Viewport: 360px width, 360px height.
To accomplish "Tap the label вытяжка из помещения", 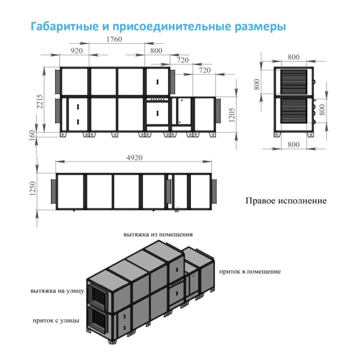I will [158, 234].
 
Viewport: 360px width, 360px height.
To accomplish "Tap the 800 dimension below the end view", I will [293, 145].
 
